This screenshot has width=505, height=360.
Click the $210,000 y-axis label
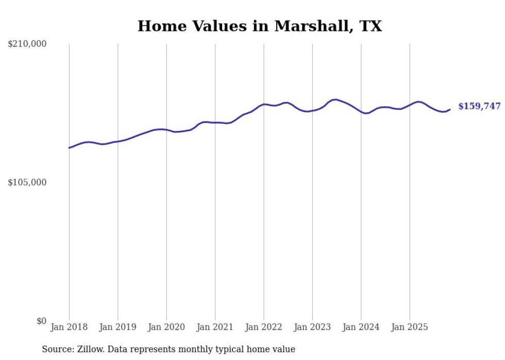(x=27, y=44)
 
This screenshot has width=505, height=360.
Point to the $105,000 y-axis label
(x=27, y=182)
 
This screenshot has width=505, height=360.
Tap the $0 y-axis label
(x=41, y=321)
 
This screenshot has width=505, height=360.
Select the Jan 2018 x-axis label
(x=69, y=327)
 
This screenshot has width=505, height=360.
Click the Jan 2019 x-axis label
(x=117, y=327)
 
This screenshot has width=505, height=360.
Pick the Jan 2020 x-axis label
(x=166, y=327)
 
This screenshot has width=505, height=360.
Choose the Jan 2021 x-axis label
(x=215, y=327)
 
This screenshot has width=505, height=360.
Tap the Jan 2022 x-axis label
(x=264, y=327)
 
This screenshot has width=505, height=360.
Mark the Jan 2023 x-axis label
(x=312, y=327)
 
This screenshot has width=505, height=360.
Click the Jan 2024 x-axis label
(x=361, y=327)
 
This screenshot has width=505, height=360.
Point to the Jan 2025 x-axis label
(x=410, y=327)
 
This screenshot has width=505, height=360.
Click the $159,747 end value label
(x=479, y=107)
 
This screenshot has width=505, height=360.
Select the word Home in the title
(x=158, y=26)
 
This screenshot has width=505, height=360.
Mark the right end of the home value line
(x=450, y=109)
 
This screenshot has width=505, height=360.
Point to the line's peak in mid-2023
(x=335, y=99)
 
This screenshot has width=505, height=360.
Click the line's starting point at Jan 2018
(x=69, y=148)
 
